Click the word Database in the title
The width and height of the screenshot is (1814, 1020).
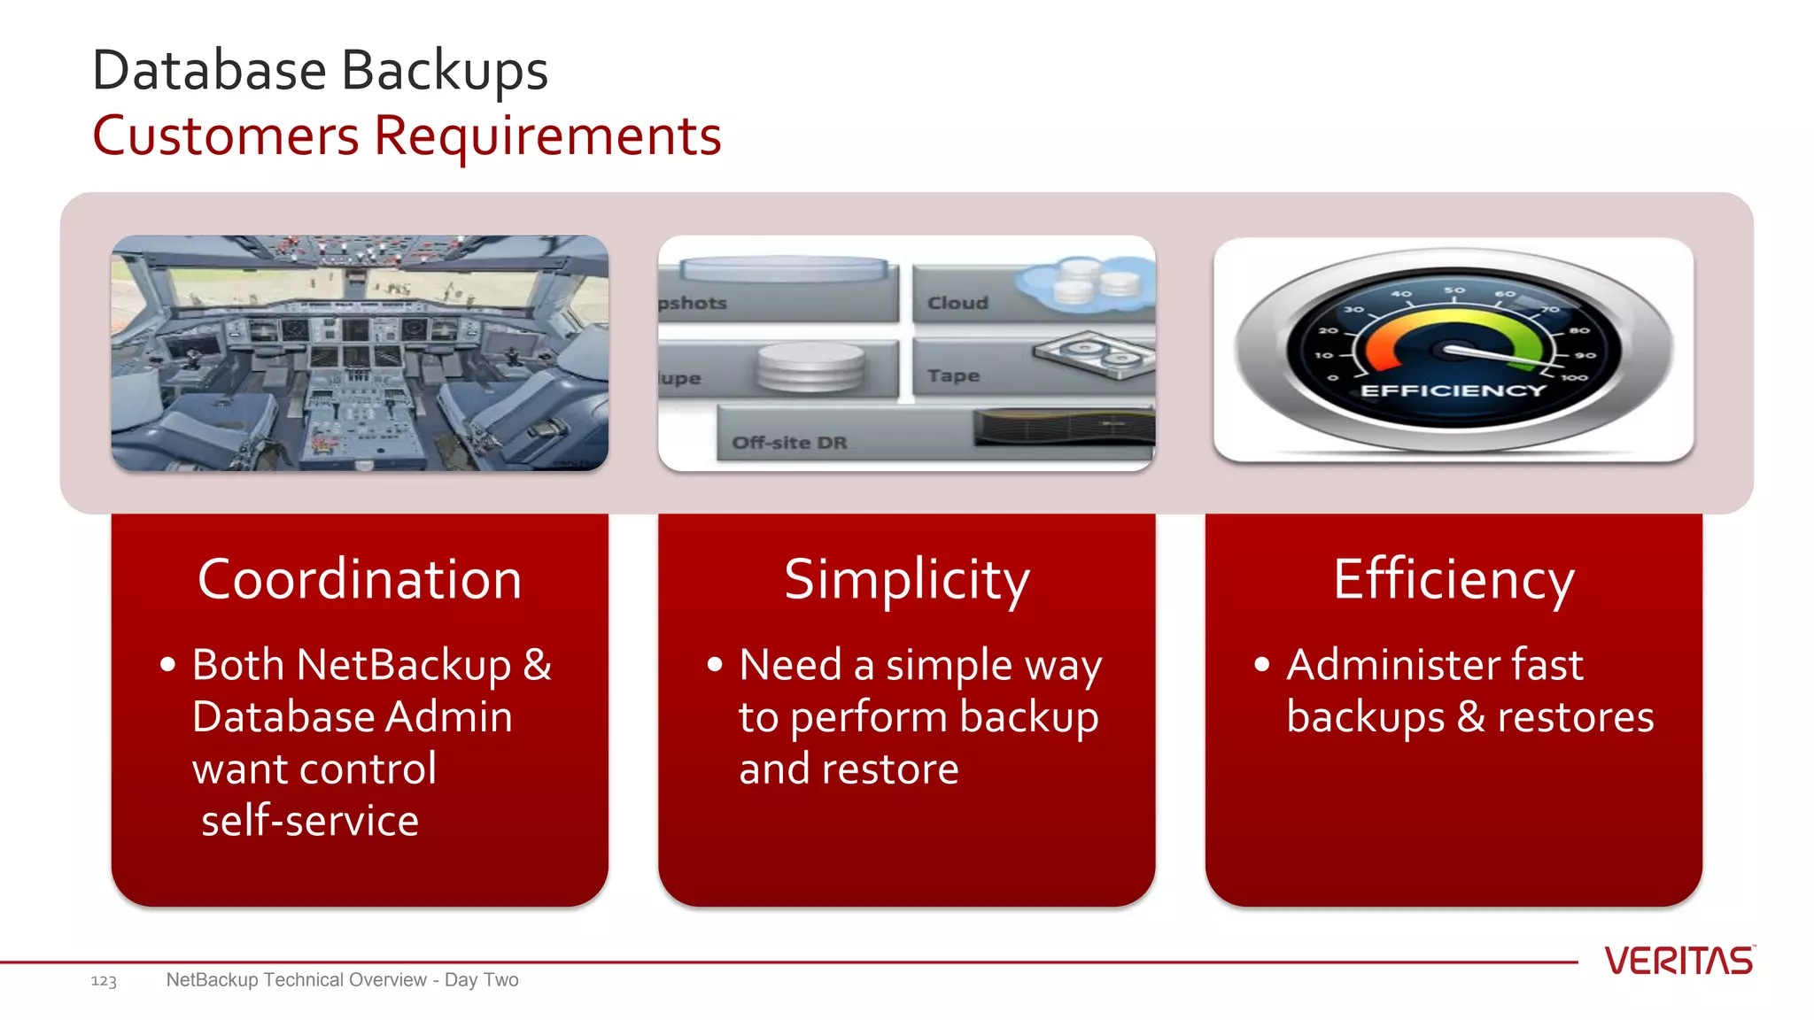point(210,71)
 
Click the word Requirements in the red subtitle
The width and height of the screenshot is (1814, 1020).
point(547,136)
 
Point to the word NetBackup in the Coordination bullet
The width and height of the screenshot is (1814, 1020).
point(404,665)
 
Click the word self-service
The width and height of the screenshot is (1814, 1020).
point(310,821)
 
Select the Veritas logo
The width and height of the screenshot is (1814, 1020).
point(1678,962)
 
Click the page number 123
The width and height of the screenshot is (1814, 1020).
point(104,981)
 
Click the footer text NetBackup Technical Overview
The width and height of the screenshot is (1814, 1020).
point(296,980)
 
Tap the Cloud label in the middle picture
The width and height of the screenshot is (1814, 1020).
point(957,303)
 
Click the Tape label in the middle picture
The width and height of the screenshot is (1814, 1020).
point(953,375)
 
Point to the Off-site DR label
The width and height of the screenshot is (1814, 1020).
point(789,443)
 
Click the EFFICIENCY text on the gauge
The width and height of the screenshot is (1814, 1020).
point(1453,390)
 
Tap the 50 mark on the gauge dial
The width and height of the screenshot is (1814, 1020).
point(1454,290)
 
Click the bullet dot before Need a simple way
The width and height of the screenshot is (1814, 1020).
point(716,665)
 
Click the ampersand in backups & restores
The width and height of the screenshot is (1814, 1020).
point(1470,717)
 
